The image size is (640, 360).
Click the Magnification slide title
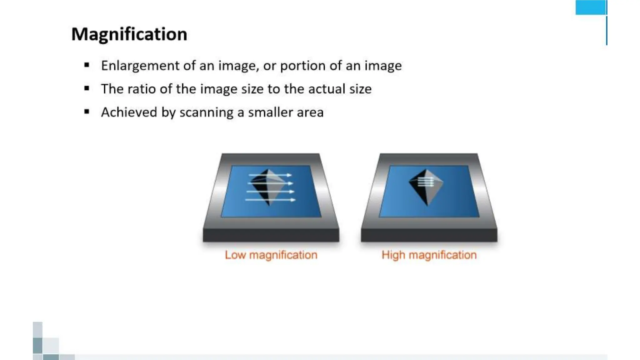129,34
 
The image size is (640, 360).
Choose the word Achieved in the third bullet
129,112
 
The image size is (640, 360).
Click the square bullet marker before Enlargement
87,65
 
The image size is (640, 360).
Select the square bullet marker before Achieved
87,112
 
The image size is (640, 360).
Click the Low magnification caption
271,255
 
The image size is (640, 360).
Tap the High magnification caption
429,255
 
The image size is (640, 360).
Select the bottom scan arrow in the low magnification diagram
270,200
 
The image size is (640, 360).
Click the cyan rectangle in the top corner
590,7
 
